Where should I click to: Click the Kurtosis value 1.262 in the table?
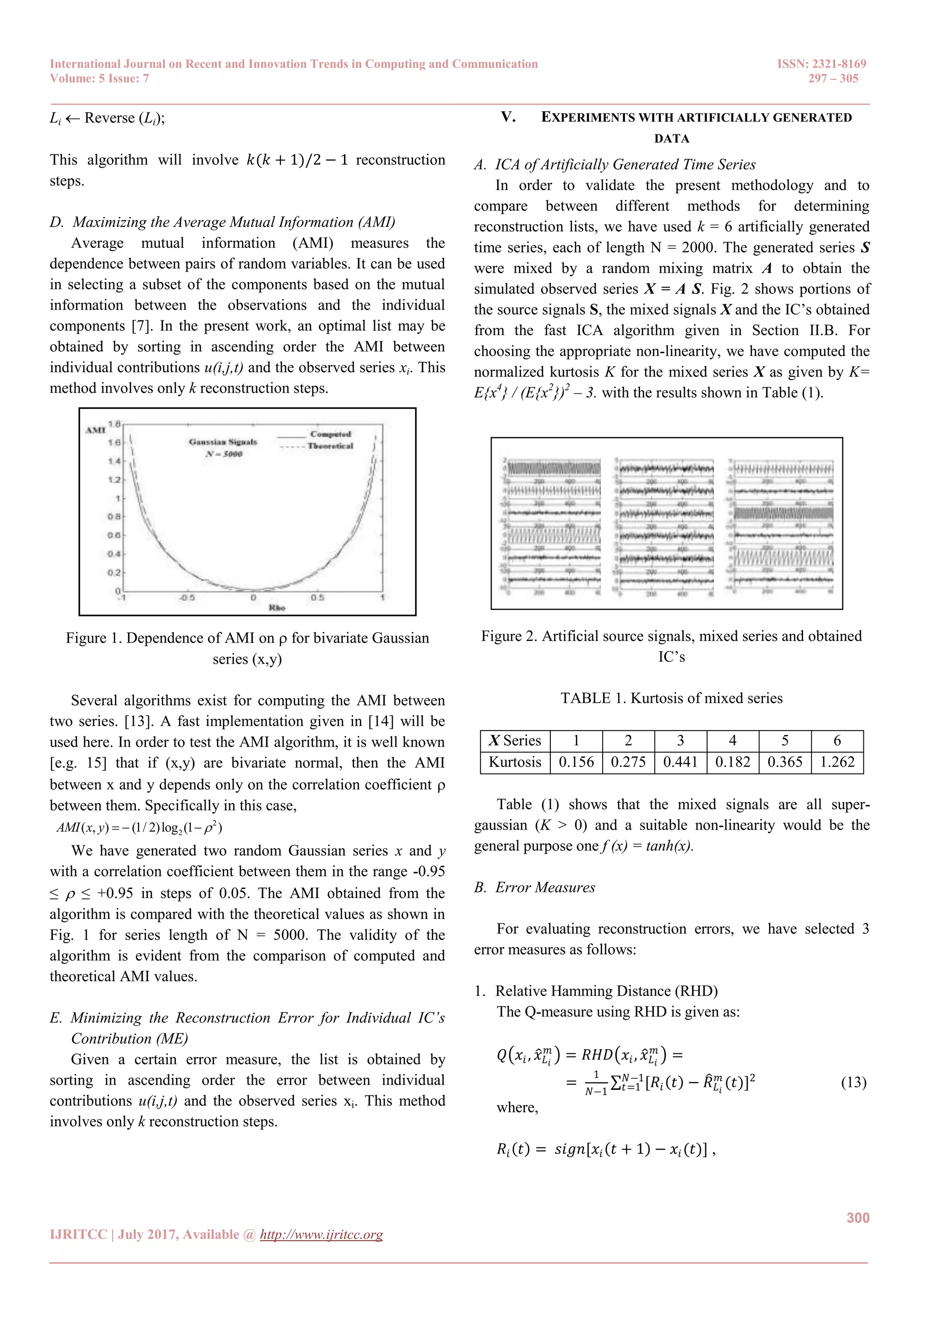pos(836,763)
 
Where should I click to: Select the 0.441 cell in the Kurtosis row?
pos(680,763)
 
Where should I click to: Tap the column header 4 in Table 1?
pos(733,741)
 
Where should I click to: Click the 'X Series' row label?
pos(515,741)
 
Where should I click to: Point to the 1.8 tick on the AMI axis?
pos(114,424)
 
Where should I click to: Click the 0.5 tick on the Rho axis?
pos(317,598)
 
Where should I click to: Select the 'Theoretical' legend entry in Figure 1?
pos(330,446)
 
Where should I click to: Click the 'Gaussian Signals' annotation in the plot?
pos(223,442)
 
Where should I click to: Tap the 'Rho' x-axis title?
pos(277,608)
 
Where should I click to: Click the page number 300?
pos(857,1217)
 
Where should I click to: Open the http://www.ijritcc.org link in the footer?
pos(321,1235)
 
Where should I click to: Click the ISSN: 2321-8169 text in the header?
pos(821,64)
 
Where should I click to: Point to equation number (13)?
pos(853,1083)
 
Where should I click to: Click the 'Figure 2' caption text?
pos(671,636)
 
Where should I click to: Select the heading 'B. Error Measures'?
pos(535,887)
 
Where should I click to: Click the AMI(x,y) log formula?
pos(139,828)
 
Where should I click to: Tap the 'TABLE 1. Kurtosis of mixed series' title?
pos(671,699)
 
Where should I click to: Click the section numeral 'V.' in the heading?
pos(508,117)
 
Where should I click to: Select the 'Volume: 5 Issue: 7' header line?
pos(99,79)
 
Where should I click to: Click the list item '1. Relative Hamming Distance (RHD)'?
pos(596,991)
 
